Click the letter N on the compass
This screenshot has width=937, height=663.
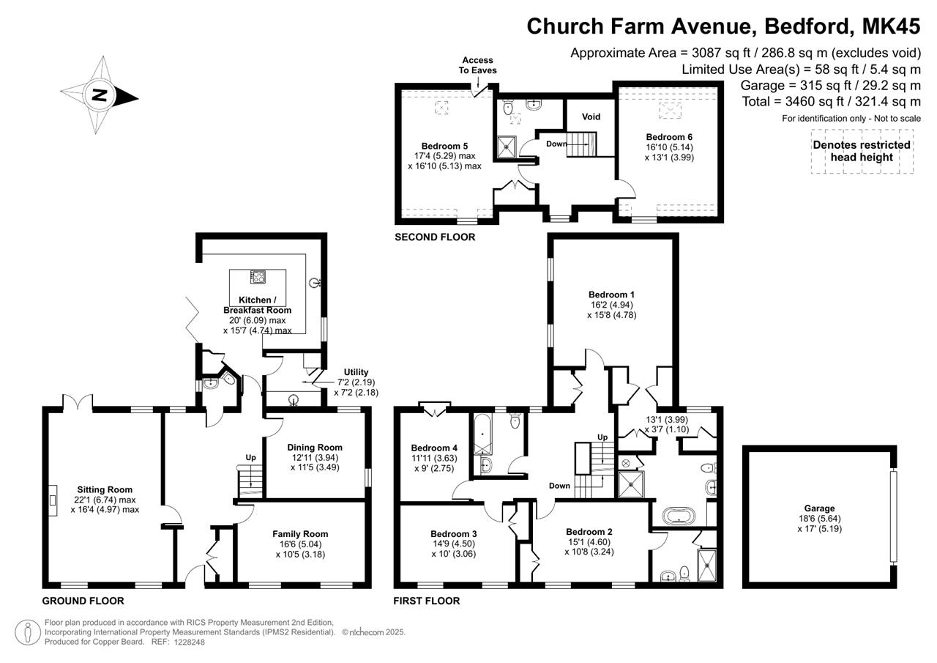point(99,95)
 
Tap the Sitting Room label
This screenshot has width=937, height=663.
point(105,489)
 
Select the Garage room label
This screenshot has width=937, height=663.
point(819,508)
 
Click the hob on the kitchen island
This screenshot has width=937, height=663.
point(258,277)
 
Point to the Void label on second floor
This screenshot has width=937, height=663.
point(591,116)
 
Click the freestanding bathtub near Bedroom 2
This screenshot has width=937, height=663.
point(679,515)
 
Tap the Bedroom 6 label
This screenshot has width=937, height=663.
point(669,137)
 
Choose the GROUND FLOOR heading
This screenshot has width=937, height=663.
point(83,601)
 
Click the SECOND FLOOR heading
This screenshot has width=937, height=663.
point(435,237)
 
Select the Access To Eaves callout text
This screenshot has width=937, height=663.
point(478,65)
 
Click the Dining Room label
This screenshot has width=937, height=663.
point(315,447)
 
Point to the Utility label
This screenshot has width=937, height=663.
point(356,371)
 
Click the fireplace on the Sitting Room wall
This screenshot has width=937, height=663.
point(53,500)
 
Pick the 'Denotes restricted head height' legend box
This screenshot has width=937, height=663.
point(862,151)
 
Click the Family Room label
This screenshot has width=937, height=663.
point(300,533)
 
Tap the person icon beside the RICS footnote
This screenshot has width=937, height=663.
point(28,632)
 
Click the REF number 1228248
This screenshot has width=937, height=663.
point(189,642)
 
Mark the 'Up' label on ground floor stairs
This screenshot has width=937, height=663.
point(250,457)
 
